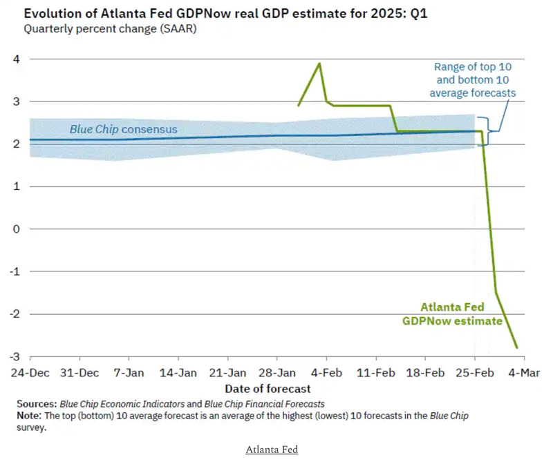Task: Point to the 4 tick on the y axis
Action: click(x=15, y=59)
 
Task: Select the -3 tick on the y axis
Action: click(x=14, y=356)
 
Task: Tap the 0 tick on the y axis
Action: click(x=15, y=229)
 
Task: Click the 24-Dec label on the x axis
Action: click(x=30, y=373)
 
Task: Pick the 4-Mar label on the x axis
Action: click(x=523, y=373)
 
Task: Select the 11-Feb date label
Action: click(x=375, y=373)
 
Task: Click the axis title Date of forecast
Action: click(x=268, y=389)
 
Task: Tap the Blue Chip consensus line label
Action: click(x=123, y=129)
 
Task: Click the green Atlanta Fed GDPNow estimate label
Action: click(x=453, y=314)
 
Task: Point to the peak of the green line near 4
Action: click(x=319, y=64)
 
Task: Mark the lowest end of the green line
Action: click(x=516, y=347)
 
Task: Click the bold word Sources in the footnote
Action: click(x=36, y=403)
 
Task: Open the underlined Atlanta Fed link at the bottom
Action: click(x=272, y=450)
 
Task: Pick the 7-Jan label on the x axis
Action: click(x=129, y=373)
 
